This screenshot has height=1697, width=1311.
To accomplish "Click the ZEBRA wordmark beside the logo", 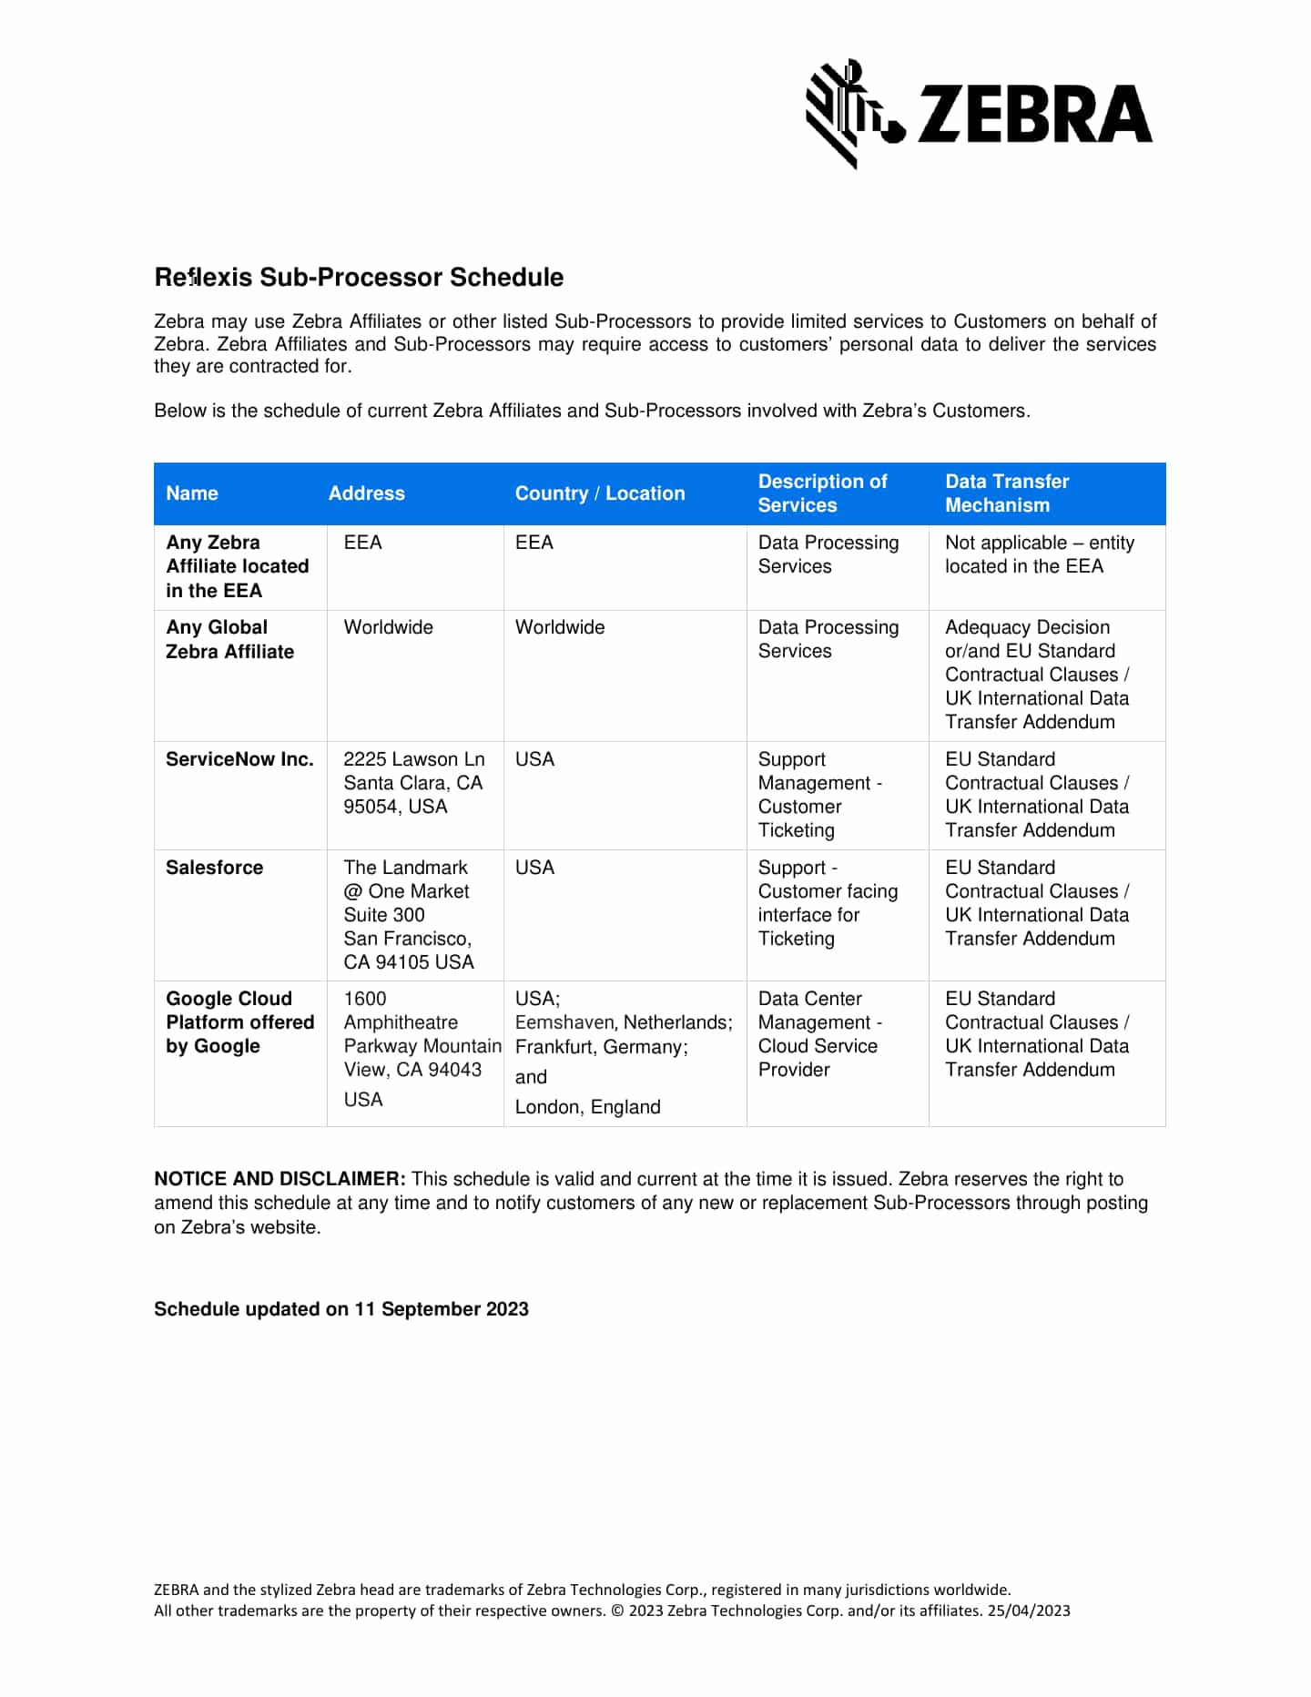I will point(1034,115).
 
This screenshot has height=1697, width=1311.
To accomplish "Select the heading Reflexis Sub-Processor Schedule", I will point(359,277).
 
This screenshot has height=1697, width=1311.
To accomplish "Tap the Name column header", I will point(192,493).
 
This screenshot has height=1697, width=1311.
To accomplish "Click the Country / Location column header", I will point(599,493).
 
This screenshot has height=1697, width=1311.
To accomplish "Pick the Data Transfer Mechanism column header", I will point(1006,493).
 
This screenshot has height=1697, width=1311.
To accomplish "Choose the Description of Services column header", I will point(822,493).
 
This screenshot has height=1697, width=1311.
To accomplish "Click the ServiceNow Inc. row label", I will point(239,759).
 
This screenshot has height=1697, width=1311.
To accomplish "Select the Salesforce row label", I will point(214,868).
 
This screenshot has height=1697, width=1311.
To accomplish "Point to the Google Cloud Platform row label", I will point(239,1022).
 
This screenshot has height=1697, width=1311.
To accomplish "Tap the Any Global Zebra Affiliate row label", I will point(229,639).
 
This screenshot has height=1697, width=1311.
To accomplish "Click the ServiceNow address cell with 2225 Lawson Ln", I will point(413,783).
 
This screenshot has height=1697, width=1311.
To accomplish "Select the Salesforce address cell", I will point(408,915).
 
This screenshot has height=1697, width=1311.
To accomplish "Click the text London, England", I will point(587,1107).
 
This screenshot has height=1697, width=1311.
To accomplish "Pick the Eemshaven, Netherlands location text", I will point(623,1022).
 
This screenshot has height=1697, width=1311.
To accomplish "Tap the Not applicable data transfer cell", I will point(1039,554).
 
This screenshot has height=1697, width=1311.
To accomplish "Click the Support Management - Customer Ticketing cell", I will point(818,795).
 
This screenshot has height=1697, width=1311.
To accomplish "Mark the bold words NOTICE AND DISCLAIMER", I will point(279,1179).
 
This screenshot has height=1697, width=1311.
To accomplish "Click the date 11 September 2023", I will point(442,1309).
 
